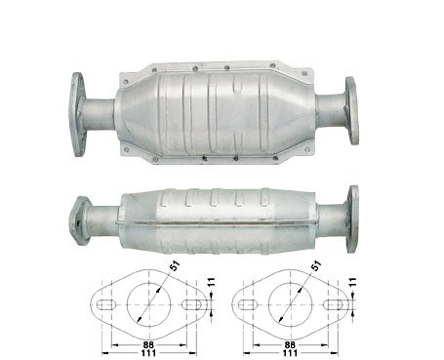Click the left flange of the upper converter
[x=77, y=114]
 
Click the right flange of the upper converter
[x=352, y=110]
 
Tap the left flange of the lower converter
[x=79, y=221]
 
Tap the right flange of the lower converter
[x=352, y=219]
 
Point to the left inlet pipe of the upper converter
[x=100, y=114]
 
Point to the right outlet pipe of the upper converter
[x=331, y=110]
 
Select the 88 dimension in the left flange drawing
[x=148, y=344]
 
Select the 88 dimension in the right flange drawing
[x=290, y=344]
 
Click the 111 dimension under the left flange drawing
[x=148, y=352]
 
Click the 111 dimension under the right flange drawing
[x=290, y=352]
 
